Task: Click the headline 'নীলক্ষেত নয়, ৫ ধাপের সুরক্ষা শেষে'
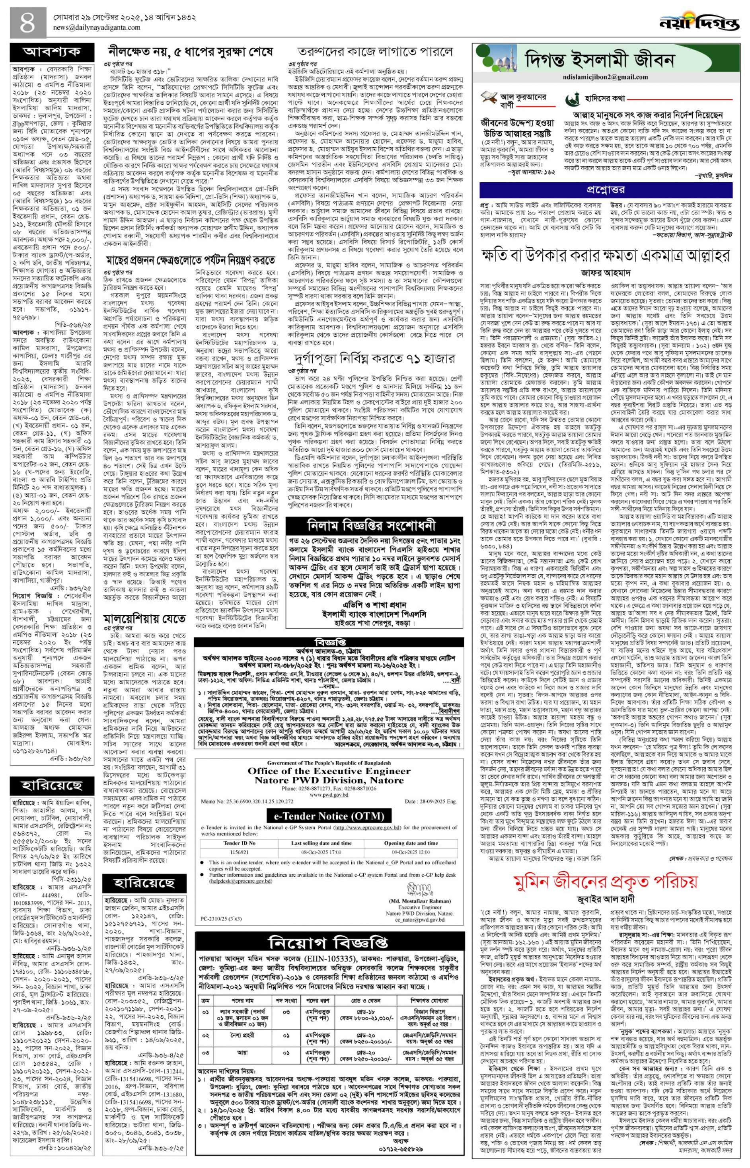[191, 53]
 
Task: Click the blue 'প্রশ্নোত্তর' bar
[606, 189]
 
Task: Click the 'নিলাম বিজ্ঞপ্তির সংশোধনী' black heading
[371, 526]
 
